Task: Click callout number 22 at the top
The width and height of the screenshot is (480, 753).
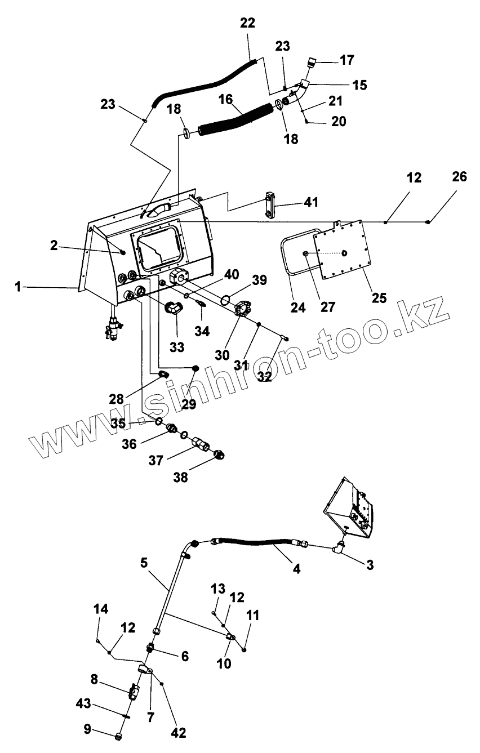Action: coord(247,23)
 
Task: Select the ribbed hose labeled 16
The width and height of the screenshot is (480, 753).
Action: coord(237,120)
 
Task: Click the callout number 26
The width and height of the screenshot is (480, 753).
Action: coord(459,177)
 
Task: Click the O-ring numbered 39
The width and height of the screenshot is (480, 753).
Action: coord(225,299)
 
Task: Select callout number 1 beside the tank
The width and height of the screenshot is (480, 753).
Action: coord(18,287)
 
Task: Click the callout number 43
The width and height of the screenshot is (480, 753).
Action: coord(83,703)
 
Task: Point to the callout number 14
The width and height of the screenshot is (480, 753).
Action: coord(100,609)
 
